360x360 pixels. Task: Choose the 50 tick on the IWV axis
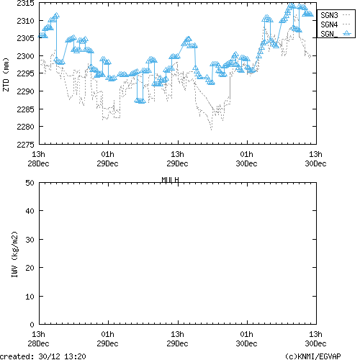pyautogui.click(x=31, y=183)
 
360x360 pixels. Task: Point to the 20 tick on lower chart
pyautogui.click(x=31, y=268)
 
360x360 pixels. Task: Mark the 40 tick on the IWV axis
pyautogui.click(x=31, y=211)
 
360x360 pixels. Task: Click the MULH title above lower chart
pyautogui.click(x=170, y=179)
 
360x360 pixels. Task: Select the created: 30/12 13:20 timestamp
pyautogui.click(x=43, y=356)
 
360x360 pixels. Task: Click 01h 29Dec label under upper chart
pyautogui.click(x=108, y=158)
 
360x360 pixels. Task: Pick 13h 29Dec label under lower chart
pyautogui.click(x=177, y=338)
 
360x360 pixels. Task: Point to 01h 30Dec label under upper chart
pyautogui.click(x=246, y=158)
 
